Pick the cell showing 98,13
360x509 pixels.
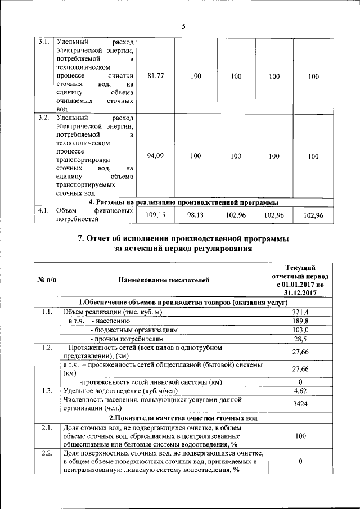pos(195,215)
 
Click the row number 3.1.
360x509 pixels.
pos(43,42)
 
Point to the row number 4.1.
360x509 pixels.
pos(43,211)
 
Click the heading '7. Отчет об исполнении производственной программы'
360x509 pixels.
pos(183,239)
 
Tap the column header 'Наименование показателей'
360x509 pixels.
pos(164,280)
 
